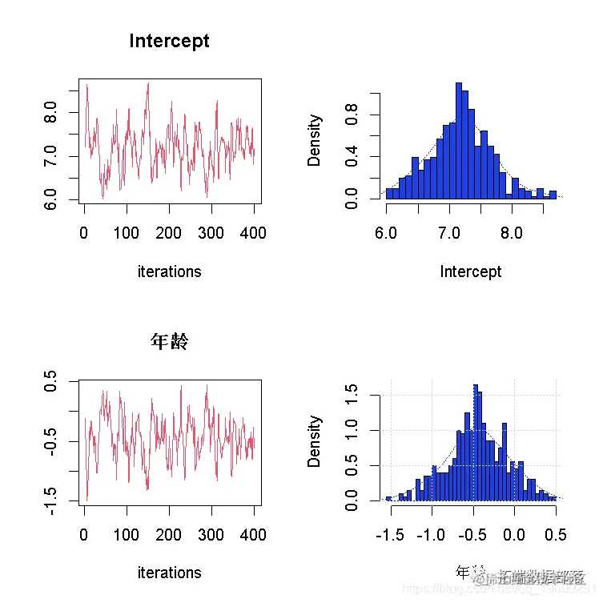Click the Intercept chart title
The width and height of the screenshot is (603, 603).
point(169,41)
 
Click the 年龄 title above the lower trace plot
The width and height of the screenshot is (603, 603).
point(169,342)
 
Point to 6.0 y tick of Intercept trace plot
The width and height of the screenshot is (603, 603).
point(50,198)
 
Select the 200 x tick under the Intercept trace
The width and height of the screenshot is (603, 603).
point(169,233)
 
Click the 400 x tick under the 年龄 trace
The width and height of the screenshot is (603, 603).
point(253,534)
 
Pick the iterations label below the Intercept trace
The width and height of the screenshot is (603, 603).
point(169,271)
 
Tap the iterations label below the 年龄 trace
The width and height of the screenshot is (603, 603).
point(169,573)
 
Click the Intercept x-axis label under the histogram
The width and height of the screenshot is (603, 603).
point(471,271)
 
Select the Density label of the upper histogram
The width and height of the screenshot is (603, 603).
point(315,140)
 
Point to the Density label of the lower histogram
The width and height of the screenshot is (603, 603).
point(315,441)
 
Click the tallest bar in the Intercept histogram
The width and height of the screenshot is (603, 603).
point(460,140)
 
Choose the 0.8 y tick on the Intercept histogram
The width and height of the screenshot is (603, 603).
point(352,115)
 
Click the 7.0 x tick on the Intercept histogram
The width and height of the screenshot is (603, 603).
point(448,233)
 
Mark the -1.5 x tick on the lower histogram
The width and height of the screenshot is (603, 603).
point(388,534)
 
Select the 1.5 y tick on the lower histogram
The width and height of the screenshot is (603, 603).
point(352,396)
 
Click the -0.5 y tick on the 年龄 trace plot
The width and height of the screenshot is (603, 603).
point(50,441)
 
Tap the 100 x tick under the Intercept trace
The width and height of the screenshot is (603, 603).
point(127,233)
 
